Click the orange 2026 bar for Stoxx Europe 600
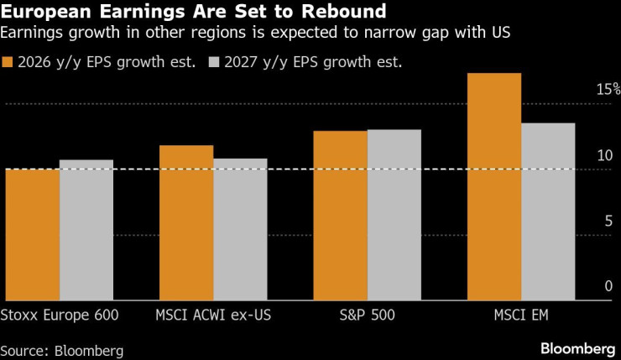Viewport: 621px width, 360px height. coord(33,235)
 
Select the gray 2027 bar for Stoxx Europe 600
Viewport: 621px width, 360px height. coord(86,230)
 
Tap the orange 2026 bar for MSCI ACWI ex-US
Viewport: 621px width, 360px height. coord(186,223)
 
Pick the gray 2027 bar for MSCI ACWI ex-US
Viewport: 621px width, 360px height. coord(240,229)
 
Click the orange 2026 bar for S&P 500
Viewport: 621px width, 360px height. coord(340,216)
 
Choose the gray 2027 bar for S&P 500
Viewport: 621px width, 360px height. coord(394,215)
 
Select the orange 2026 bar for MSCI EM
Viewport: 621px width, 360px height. coord(494,187)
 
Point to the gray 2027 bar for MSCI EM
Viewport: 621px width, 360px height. coord(548,211)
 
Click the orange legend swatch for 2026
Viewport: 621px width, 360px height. coord(8,61)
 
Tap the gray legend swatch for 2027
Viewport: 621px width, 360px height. coord(214,61)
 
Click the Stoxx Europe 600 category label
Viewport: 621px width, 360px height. coord(60,316)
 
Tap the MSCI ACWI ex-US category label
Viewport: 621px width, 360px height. coord(213,316)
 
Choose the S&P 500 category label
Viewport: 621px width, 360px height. coord(367,316)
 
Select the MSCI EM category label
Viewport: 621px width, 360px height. coord(521,316)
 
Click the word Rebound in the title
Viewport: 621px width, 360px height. coord(337,13)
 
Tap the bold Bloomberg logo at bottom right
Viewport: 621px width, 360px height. coord(578,347)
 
